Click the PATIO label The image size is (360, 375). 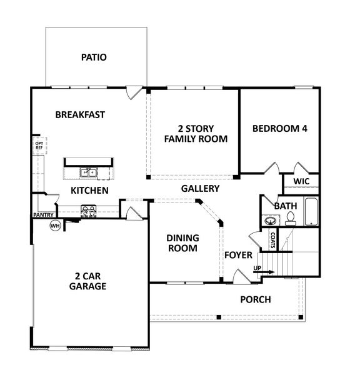coord(94,57)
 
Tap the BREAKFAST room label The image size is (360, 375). coord(79,115)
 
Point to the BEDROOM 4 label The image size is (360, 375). coord(279,129)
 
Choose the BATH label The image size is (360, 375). coord(285,205)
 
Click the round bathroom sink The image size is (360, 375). coord(270,221)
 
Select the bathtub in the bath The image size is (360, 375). coord(311,212)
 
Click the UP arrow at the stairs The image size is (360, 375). coord(262,271)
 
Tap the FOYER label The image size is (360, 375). coord(238,255)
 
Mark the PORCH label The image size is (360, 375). coord(256,299)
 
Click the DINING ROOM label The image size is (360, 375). coord(182,243)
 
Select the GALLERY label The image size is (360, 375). coord(200,188)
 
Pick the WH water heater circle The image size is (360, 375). coord(55,225)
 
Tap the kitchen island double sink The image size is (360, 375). coord(87,173)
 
